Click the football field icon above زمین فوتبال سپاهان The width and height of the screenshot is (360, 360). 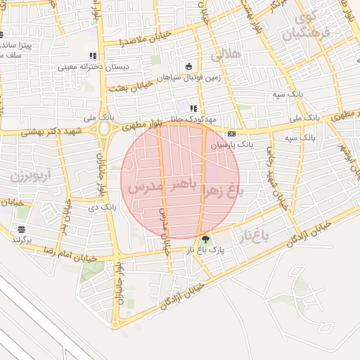(x=188, y=66)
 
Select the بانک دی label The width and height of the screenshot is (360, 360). (x=103, y=207)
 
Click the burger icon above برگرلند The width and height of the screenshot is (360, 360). (x=22, y=230)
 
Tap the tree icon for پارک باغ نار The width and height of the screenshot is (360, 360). (x=206, y=239)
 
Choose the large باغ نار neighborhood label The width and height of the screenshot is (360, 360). (x=257, y=233)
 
